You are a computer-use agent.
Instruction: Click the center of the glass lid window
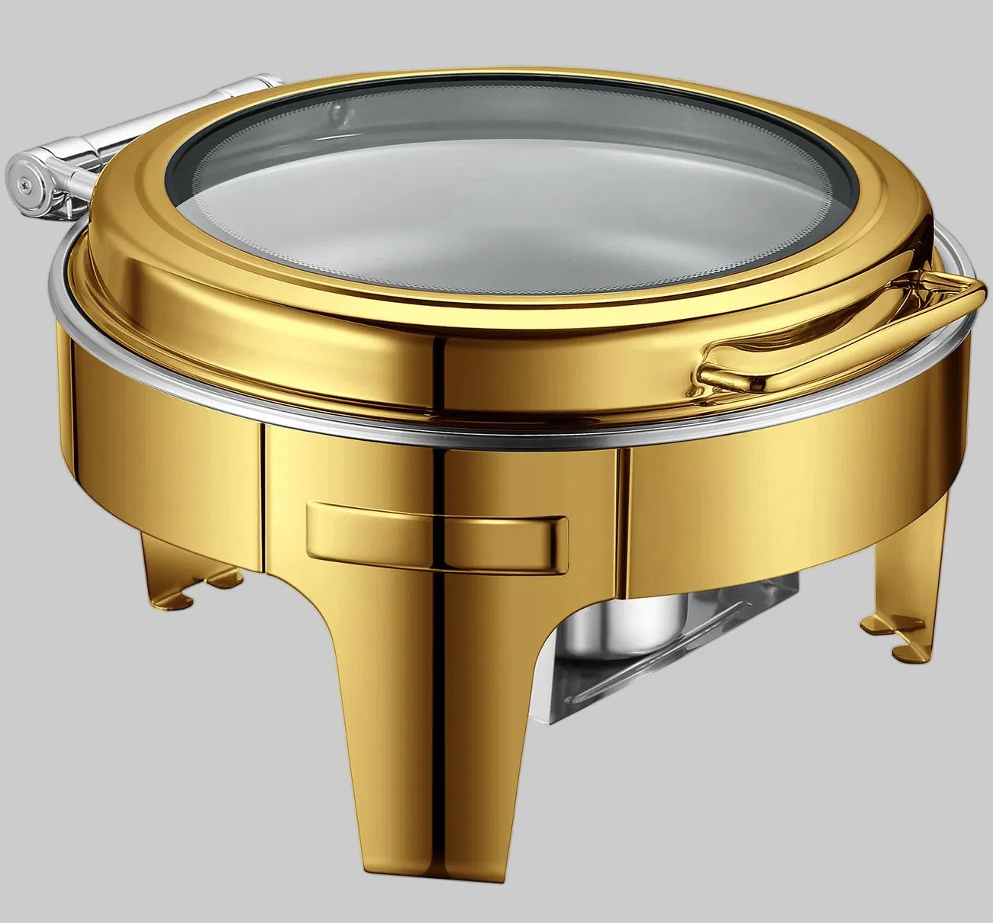[x=488, y=183]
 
